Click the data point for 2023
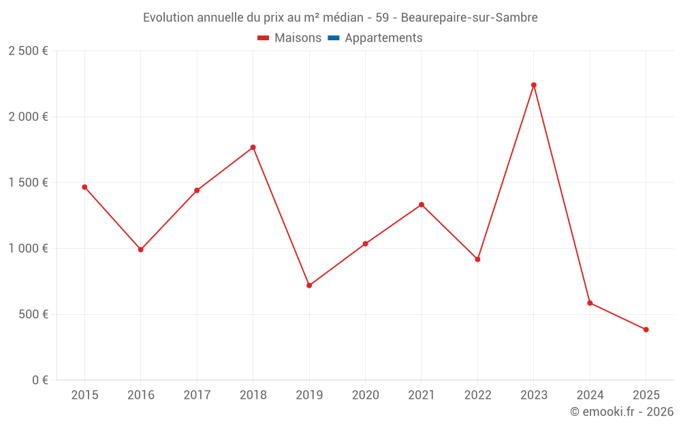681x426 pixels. click(533, 85)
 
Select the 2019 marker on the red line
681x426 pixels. click(309, 286)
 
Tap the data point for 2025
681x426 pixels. click(646, 330)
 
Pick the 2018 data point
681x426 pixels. click(253, 147)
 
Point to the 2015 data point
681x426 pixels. click(84, 187)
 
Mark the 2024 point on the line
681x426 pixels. click(590, 303)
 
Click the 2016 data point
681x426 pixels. click(141, 249)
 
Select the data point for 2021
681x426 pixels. click(422, 204)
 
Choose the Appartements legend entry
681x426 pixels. click(383, 38)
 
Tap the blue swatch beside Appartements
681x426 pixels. click(334, 38)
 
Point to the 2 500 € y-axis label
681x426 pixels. click(28, 51)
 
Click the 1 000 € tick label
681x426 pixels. click(28, 249)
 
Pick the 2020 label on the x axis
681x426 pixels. click(365, 395)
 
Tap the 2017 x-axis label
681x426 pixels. click(197, 395)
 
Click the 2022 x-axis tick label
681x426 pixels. click(477, 395)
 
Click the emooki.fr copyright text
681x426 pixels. click(622, 412)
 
